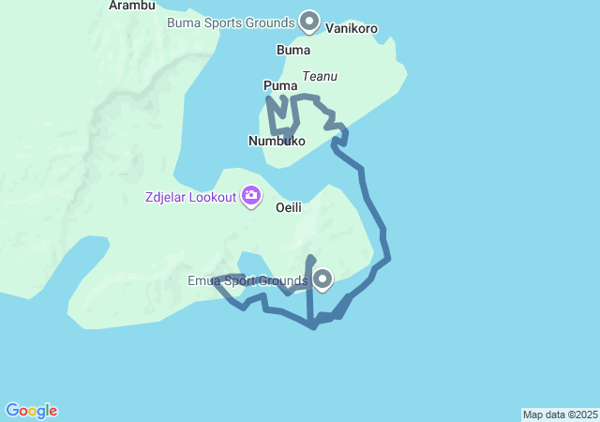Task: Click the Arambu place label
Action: pos(131,6)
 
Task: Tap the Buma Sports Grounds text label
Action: pos(230,22)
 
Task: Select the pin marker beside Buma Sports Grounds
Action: pos(309,20)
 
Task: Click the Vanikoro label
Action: pos(352,29)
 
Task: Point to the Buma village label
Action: pos(293,50)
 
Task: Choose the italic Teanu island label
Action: pos(320,76)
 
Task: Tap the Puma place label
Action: pos(280,86)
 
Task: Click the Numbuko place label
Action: pos(277,141)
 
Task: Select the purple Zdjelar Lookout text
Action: pos(190,197)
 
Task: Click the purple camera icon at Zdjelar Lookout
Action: pos(251,195)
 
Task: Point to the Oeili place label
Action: pos(289,208)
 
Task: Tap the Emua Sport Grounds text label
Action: pos(247,281)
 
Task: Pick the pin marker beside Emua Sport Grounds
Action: pos(323,279)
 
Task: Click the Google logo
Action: pos(32,411)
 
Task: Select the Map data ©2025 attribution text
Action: pos(560,414)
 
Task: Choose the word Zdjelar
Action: pos(167,197)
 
